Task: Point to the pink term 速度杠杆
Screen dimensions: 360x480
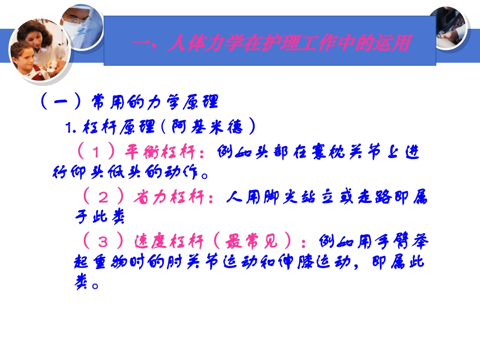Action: tap(169, 242)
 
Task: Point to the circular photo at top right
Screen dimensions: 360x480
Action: tap(449, 28)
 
